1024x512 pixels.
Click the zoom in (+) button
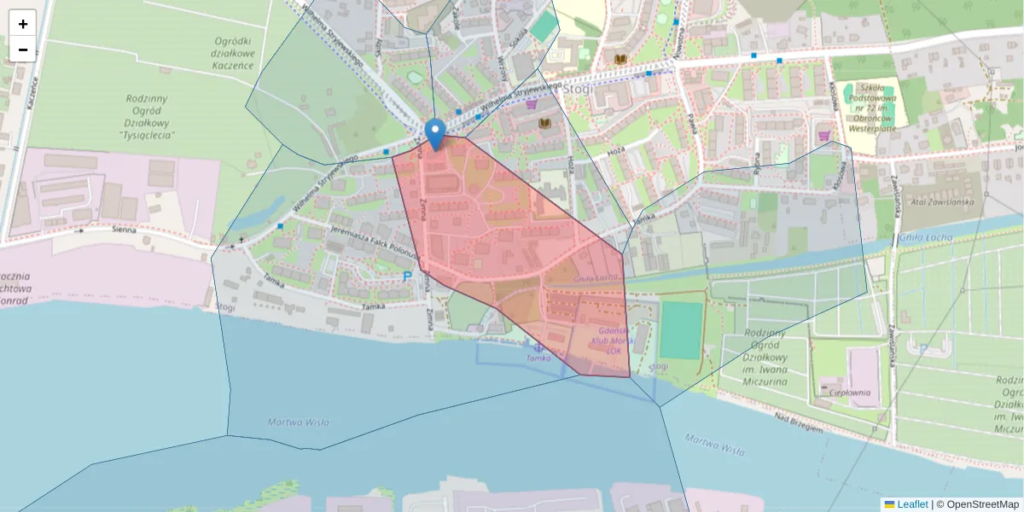[23, 23]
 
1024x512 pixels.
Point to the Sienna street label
[125, 230]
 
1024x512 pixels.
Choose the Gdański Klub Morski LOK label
[614, 340]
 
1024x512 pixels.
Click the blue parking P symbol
[406, 276]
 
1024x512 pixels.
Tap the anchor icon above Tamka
[538, 346]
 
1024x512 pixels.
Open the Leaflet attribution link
[911, 504]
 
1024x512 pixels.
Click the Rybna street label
[757, 161]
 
